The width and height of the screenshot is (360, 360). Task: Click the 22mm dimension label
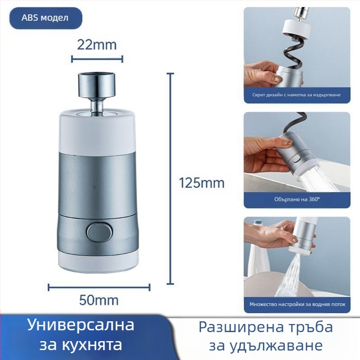pyautogui.click(x=97, y=45)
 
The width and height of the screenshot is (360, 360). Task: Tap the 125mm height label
pyautogui.click(x=202, y=183)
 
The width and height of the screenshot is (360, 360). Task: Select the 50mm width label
pyautogui.click(x=99, y=300)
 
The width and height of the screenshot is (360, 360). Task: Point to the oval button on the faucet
pyautogui.click(x=99, y=232)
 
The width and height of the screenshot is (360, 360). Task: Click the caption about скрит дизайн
pyautogui.click(x=297, y=95)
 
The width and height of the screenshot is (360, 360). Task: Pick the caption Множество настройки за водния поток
pyautogui.click(x=297, y=305)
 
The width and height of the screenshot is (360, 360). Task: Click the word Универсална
pyautogui.click(x=81, y=325)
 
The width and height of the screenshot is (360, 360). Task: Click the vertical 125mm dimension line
pyautogui.click(x=170, y=180)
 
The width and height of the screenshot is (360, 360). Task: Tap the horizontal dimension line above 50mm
pyautogui.click(x=99, y=287)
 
